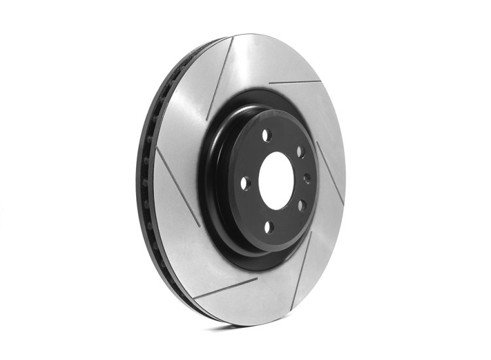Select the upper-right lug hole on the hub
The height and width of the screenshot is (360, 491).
pos(300,152)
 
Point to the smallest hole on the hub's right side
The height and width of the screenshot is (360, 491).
pos(306,178)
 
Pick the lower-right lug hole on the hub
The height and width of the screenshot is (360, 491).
pos(302,205)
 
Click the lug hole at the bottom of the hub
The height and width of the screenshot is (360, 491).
pos(268,226)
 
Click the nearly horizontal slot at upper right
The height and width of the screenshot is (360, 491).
pos(295,82)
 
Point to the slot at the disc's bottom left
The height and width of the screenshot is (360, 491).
pos(226,288)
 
